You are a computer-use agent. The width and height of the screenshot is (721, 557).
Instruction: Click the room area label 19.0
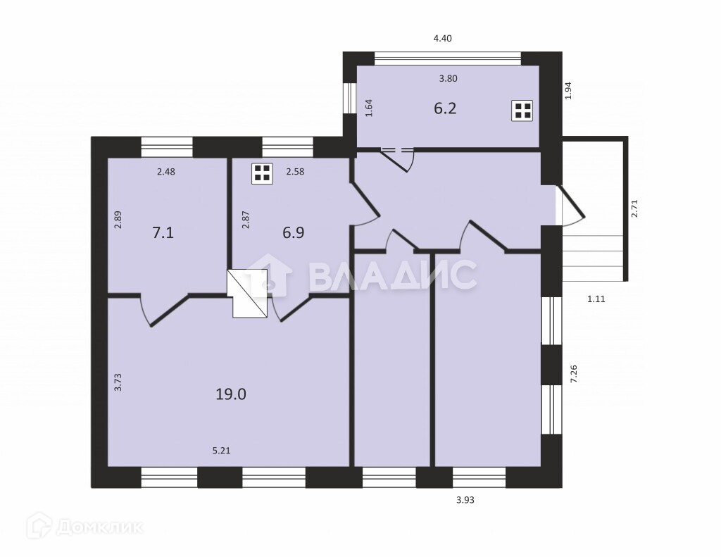(x=231, y=394)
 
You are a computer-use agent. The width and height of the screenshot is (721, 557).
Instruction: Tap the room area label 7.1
(x=163, y=232)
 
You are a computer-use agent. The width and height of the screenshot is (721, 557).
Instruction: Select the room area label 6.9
(x=294, y=232)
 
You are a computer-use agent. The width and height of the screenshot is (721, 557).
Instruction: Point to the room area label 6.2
(x=445, y=108)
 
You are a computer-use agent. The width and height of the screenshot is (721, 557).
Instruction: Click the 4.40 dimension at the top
(x=442, y=39)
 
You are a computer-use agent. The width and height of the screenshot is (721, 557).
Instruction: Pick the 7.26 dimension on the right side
(x=573, y=374)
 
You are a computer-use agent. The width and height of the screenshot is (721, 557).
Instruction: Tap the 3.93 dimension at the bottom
(x=465, y=500)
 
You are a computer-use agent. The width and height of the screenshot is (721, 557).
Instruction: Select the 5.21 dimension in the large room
(x=221, y=451)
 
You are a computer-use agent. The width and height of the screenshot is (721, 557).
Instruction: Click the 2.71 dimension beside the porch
(x=634, y=208)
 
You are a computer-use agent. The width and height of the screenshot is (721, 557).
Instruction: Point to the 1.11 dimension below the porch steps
(x=596, y=299)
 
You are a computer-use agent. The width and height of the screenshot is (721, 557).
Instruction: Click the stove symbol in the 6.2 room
(x=522, y=111)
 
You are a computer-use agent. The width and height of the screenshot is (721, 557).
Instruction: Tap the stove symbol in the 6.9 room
(x=262, y=173)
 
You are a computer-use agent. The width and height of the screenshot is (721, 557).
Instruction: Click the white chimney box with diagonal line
(x=247, y=294)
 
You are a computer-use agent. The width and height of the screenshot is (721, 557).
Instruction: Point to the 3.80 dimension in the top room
(x=448, y=79)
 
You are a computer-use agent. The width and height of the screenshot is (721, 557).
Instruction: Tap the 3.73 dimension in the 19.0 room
(x=118, y=382)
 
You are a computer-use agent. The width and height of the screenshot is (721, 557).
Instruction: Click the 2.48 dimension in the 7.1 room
(x=166, y=172)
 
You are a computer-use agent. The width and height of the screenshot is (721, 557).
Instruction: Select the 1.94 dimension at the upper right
(x=568, y=91)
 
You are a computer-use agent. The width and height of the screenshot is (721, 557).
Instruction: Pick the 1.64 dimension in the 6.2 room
(x=369, y=108)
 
